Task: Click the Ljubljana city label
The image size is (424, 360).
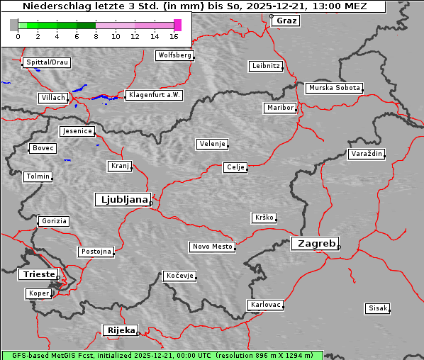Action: coord(122,200)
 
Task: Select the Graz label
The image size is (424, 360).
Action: coord(286,21)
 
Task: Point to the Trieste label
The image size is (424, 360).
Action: coord(36,274)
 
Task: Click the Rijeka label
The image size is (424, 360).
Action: coord(121,330)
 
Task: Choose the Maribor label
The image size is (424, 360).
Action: coord(279,108)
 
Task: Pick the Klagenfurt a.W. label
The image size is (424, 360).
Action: coord(154,95)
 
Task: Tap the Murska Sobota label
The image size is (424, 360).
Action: coord(334,89)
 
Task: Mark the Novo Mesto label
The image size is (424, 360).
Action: coord(212,247)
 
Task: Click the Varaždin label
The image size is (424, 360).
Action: coord(367,154)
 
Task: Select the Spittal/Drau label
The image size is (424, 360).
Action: coord(47,62)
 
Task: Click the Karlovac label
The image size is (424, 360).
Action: coord(266,305)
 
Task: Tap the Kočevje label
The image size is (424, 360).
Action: coord(179,276)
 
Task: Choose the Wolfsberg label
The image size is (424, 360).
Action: coord(174,55)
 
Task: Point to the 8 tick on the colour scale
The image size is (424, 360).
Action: coord(96,35)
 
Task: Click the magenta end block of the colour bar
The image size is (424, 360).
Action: coord(177,25)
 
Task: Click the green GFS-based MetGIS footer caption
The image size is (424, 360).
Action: coord(162,355)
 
